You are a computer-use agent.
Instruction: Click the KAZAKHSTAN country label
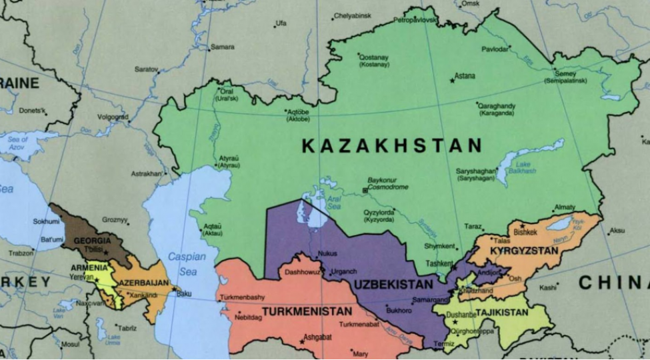coord(391,146)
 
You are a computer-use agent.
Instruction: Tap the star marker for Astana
coord(453,81)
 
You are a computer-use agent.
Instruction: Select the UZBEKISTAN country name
coord(393,285)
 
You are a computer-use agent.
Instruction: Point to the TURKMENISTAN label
coord(307,311)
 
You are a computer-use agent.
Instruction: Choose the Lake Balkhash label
coord(523,167)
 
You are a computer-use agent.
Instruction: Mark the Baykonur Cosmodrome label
coord(388,183)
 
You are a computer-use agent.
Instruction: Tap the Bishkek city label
coord(525,232)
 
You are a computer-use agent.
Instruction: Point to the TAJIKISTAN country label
coord(502,312)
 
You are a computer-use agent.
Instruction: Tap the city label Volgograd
coord(112,117)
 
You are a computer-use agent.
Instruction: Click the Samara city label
coord(222,47)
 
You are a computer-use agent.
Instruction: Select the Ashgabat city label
coord(317,337)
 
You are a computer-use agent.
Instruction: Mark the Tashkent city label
coord(439,263)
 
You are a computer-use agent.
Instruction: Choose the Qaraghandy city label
coord(497,105)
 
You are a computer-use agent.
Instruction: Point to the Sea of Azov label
coord(18,142)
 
